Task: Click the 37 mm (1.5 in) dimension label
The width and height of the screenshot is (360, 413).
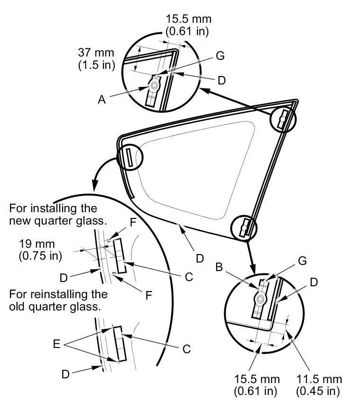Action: (96, 58)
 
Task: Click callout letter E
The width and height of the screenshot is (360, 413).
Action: (57, 345)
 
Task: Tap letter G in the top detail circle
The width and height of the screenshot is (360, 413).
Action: (219, 55)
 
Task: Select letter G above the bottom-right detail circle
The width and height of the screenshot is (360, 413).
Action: (302, 261)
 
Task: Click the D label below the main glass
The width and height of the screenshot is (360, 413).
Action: (199, 258)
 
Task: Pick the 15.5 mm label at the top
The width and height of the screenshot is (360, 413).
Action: (188, 25)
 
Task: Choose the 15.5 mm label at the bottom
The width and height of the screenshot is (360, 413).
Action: (256, 385)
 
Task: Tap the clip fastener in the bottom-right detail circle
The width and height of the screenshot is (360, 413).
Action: (260, 299)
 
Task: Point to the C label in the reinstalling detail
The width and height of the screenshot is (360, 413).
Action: (186, 349)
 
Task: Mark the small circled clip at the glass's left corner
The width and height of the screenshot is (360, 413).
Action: (128, 157)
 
